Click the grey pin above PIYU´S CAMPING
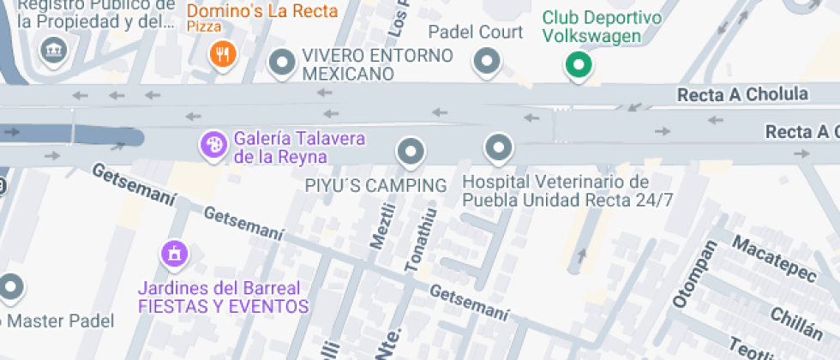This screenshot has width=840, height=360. [411, 152]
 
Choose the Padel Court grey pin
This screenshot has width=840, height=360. [488, 61]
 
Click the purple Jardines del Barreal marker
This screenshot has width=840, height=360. [174, 254]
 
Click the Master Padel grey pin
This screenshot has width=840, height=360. [10, 288]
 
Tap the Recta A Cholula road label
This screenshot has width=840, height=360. [742, 94]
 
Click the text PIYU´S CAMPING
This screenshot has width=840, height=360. [375, 185]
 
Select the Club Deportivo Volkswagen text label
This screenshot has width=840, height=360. [602, 27]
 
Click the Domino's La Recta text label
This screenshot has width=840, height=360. [262, 12]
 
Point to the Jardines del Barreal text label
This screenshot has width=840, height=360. [223, 297]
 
